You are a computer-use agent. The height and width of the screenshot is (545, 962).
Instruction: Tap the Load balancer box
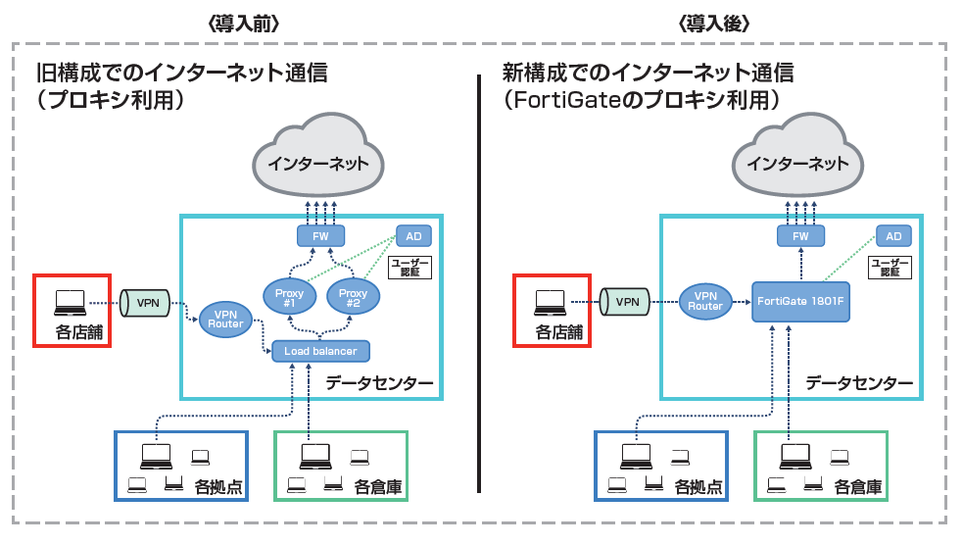click(320, 350)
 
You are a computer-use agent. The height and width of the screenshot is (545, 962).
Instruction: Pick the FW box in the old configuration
click(320, 236)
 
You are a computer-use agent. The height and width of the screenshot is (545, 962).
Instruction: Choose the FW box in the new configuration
click(800, 236)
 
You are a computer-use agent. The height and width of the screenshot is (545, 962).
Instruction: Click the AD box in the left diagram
click(412, 236)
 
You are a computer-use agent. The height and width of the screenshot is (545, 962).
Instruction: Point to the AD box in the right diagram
click(892, 236)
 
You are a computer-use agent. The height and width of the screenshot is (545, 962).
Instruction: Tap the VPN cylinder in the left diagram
click(147, 303)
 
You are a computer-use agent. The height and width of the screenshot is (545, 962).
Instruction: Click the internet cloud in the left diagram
click(319, 159)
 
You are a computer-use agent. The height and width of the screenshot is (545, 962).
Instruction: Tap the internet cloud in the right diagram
click(799, 159)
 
